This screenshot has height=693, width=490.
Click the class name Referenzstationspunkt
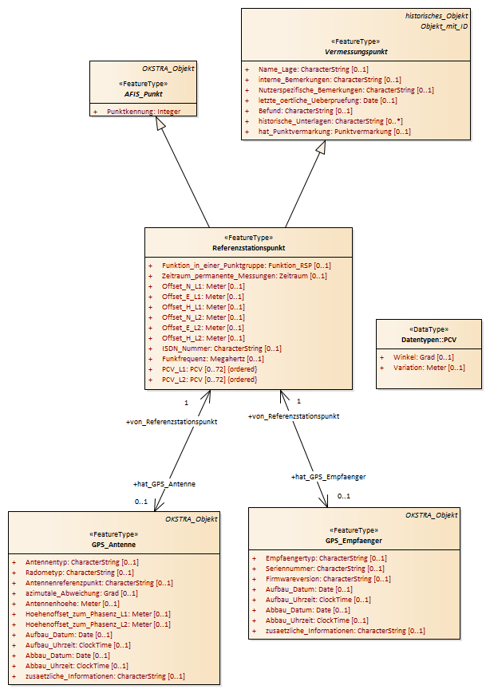[248, 248]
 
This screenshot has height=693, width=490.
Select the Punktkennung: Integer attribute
[144, 112]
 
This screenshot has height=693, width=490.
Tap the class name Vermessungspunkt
[356, 52]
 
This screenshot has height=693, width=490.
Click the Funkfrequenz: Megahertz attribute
[213, 359]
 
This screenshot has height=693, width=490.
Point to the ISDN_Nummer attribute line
[222, 348]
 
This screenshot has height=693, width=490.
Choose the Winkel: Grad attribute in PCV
[424, 357]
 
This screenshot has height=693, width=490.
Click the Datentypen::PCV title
[429, 340]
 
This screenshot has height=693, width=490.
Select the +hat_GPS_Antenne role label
[164, 484]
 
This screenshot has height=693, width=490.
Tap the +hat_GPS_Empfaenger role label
[328, 477]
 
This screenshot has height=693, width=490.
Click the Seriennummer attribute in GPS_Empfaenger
[325, 569]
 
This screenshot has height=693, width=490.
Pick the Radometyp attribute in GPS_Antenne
[80, 573]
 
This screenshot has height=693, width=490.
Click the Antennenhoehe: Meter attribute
[73, 603]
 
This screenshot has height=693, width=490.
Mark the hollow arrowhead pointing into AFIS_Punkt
[160, 124]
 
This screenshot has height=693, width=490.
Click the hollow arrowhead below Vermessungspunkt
[322, 148]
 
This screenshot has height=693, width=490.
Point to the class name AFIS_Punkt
[144, 94]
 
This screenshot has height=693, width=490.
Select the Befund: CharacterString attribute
[306, 111]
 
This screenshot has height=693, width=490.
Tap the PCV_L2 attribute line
[209, 380]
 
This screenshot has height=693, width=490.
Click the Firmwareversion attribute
[328, 579]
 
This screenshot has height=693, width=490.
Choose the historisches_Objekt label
[437, 16]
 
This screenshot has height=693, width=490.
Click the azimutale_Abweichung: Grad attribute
[81, 593]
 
